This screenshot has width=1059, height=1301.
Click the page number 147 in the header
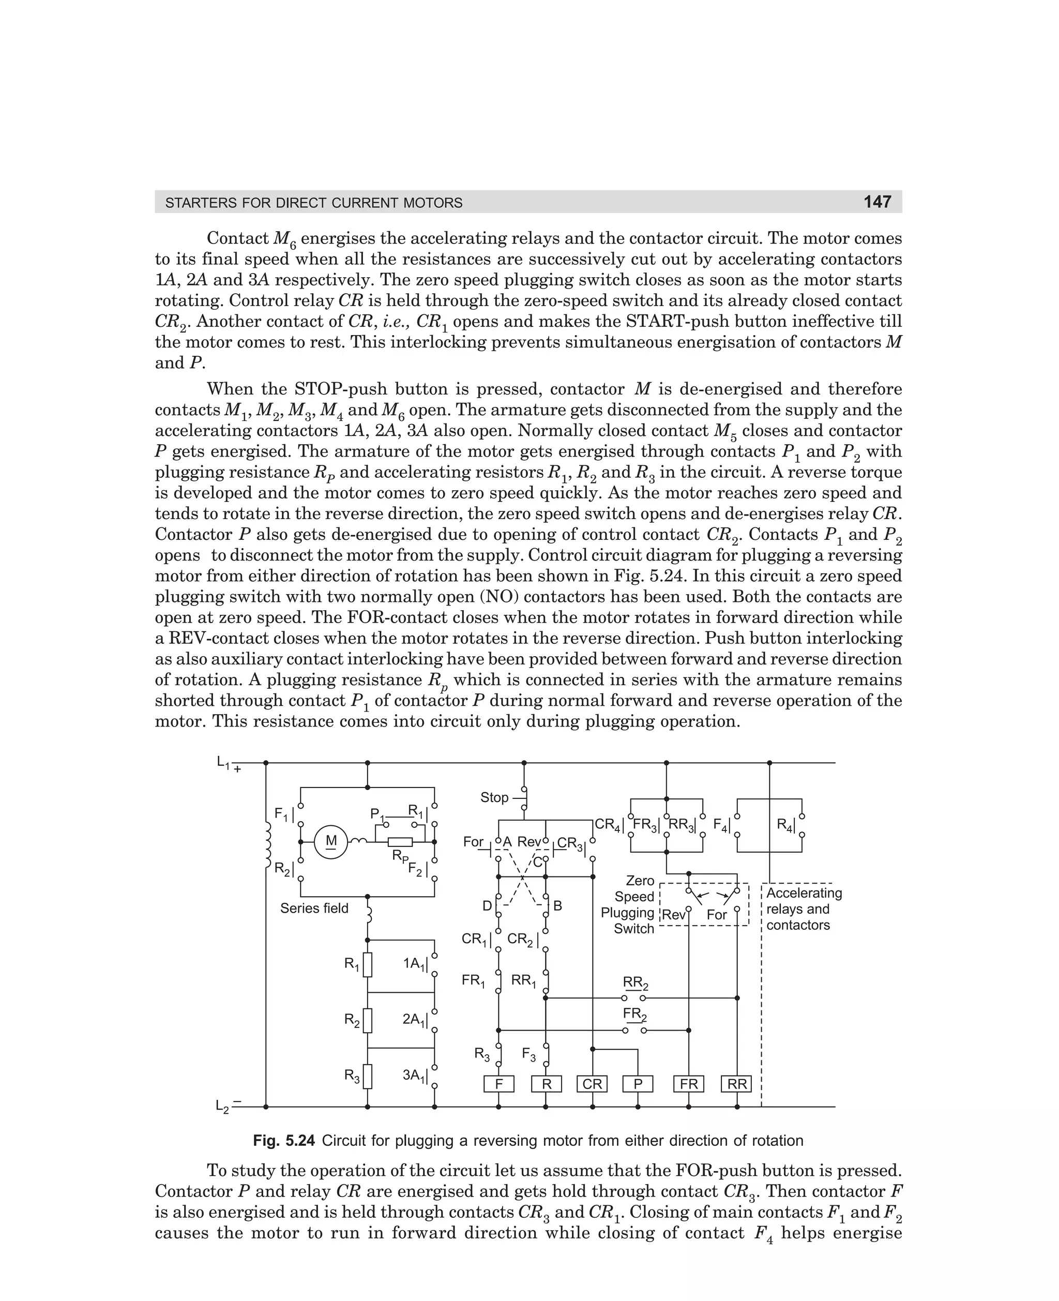[x=876, y=202]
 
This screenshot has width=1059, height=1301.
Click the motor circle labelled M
[x=330, y=842]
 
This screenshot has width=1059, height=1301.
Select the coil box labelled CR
[x=592, y=1084]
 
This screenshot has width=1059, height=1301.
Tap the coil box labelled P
[x=638, y=1084]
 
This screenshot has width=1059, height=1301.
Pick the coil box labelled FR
[x=688, y=1084]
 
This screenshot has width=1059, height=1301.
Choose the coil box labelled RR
[x=736, y=1084]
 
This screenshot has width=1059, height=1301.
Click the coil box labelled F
[x=498, y=1084]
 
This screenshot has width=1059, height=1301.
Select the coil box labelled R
[x=546, y=1084]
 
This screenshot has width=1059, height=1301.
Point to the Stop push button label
[x=494, y=798]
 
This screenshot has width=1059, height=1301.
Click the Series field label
[x=314, y=908]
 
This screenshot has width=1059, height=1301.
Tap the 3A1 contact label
[x=415, y=1076]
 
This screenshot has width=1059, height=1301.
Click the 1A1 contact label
[x=415, y=964]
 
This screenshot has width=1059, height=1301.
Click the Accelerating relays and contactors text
[x=804, y=909]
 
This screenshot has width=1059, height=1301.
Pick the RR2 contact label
[x=635, y=982]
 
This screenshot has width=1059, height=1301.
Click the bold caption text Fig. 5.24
[x=284, y=1141]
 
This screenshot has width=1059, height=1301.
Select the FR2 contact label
[x=634, y=1015]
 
